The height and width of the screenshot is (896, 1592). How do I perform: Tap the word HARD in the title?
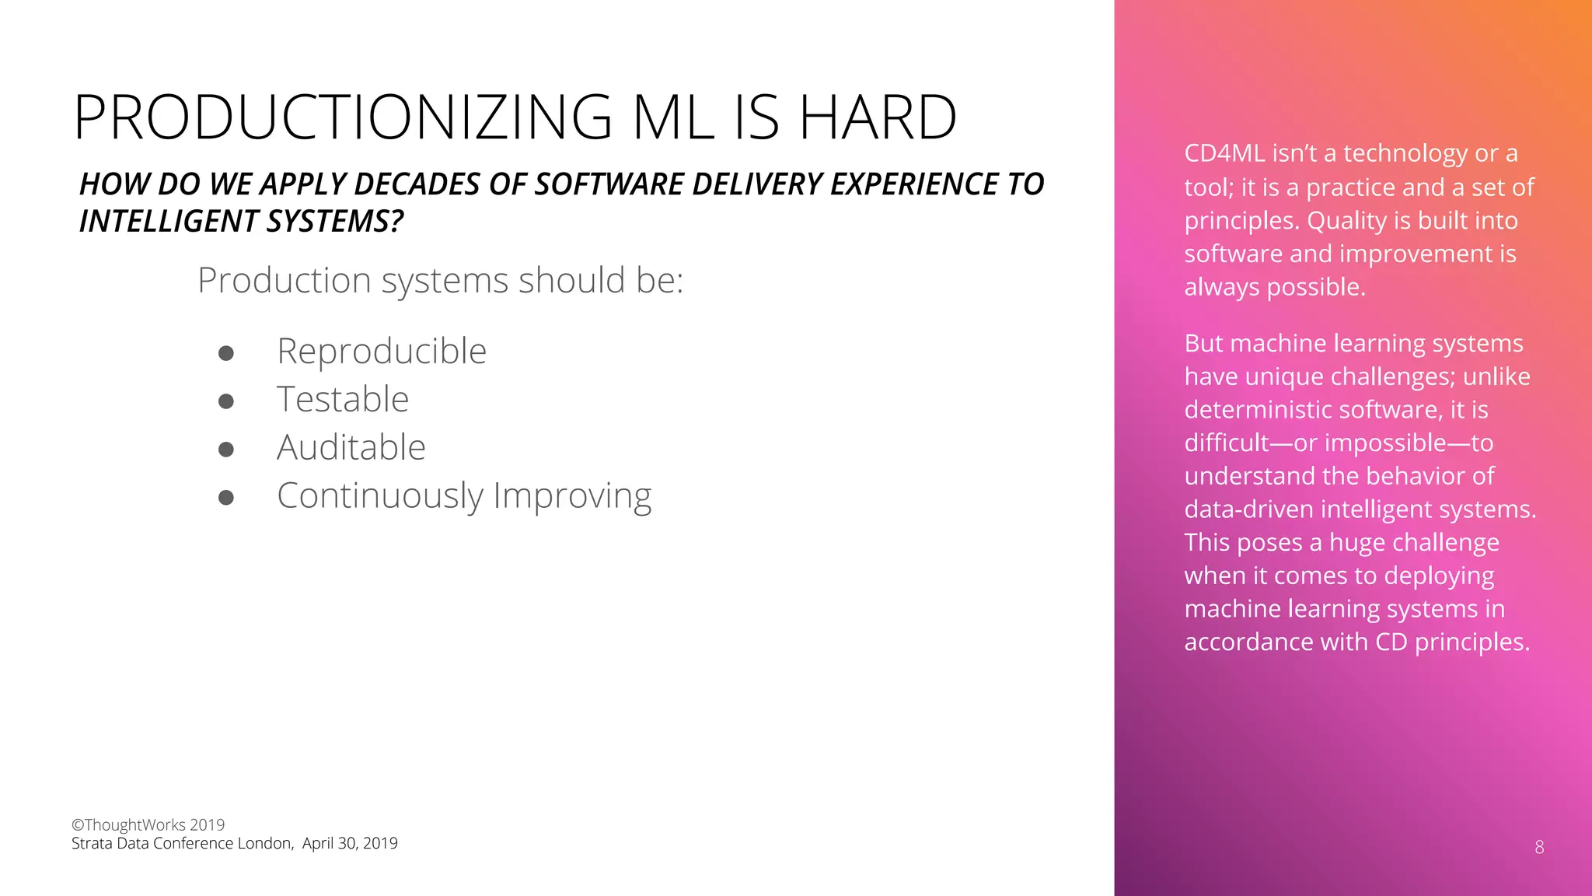pyautogui.click(x=878, y=117)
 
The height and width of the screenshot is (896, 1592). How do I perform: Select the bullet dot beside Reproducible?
pyautogui.click(x=226, y=354)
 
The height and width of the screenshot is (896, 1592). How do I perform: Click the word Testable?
pyautogui.click(x=343, y=400)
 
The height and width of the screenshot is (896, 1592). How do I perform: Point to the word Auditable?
pyautogui.click(x=351, y=448)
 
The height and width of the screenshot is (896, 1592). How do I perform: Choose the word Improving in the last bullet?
pyautogui.click(x=572, y=496)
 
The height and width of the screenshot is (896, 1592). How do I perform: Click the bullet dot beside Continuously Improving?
pyautogui.click(x=226, y=498)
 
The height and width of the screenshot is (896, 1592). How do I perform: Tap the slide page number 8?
pyautogui.click(x=1539, y=848)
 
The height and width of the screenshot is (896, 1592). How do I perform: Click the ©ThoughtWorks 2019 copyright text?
pyautogui.click(x=148, y=825)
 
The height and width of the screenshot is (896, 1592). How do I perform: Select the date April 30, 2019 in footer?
pyautogui.click(x=350, y=844)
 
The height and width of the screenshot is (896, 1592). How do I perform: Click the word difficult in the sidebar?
pyautogui.click(x=1227, y=443)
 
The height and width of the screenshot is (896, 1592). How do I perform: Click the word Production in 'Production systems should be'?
pyautogui.click(x=284, y=281)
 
